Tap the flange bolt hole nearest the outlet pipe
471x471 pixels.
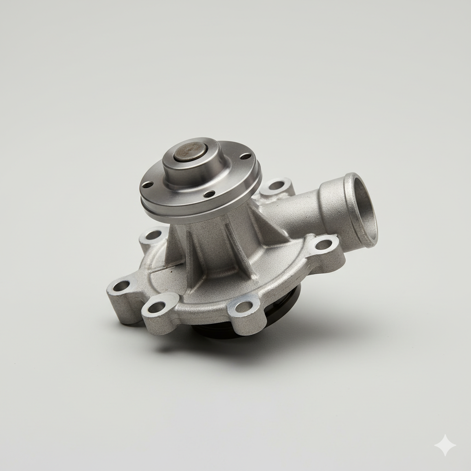245,156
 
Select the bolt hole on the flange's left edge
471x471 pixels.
147,185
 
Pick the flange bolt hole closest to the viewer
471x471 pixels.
209,194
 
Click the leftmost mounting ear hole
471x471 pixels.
121,286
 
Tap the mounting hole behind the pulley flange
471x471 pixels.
276,185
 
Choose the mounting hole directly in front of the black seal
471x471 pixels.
243,306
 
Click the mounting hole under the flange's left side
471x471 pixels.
153,235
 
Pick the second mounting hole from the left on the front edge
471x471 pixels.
156,307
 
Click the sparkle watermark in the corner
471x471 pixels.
445,445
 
